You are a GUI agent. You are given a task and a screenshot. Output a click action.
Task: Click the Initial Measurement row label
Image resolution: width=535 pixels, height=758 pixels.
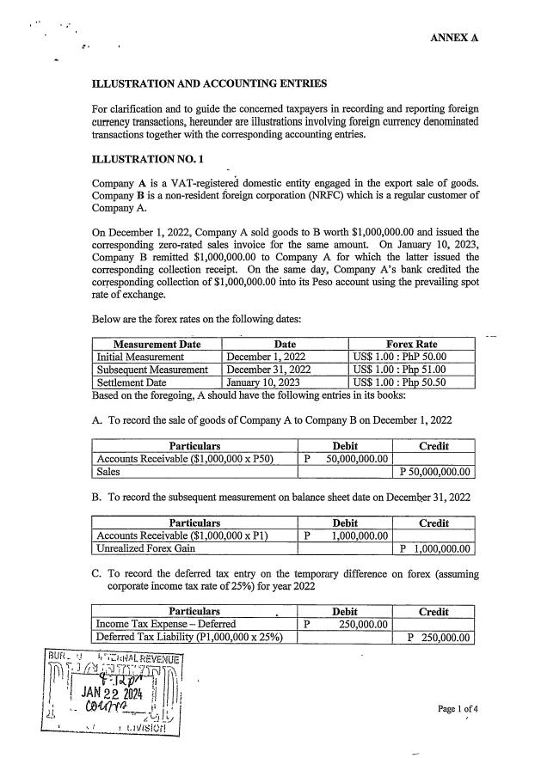140,357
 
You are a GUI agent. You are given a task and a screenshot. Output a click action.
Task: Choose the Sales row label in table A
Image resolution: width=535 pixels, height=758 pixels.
108,472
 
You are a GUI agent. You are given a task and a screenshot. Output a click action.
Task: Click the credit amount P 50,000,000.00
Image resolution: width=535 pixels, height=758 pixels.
435,472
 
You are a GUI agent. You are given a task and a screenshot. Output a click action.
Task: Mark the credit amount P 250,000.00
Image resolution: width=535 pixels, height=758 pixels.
439,637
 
